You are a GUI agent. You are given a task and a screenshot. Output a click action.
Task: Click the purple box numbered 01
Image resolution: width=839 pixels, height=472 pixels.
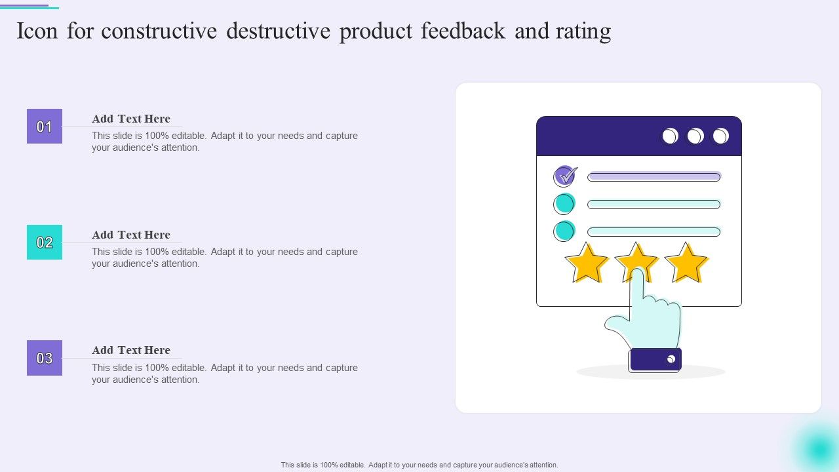pyautogui.click(x=45, y=127)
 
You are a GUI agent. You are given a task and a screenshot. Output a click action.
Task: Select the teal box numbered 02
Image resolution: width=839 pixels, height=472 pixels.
pyautogui.click(x=45, y=243)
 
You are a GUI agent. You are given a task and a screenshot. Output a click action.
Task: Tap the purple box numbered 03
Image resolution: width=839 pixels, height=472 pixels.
pyautogui.click(x=45, y=358)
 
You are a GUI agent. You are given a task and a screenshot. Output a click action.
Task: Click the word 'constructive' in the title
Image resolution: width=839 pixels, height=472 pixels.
pyautogui.click(x=159, y=31)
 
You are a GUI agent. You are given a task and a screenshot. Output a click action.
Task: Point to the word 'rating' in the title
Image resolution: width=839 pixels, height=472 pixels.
pyautogui.click(x=583, y=31)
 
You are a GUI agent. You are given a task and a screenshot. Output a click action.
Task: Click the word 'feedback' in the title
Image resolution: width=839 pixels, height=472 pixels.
pyautogui.click(x=463, y=30)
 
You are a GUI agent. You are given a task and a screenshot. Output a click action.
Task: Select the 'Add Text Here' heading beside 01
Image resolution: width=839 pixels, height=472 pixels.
pyautogui.click(x=131, y=119)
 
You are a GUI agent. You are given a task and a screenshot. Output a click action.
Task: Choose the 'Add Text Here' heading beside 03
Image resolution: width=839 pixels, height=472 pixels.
pyautogui.click(x=131, y=350)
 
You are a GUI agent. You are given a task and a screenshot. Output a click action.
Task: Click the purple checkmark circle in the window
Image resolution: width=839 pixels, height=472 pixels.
pyautogui.click(x=564, y=176)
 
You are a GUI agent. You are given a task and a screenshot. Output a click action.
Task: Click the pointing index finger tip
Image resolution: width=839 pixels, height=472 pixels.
pyautogui.click(x=637, y=271)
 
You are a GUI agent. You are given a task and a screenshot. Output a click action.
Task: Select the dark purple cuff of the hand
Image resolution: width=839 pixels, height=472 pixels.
pyautogui.click(x=655, y=360)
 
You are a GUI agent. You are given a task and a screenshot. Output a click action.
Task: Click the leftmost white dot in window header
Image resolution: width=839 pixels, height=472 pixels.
pyautogui.click(x=670, y=136)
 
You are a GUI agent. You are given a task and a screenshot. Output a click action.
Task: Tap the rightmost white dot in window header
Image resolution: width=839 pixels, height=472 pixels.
pyautogui.click(x=720, y=136)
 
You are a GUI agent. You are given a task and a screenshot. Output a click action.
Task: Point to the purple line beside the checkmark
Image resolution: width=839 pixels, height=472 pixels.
pyautogui.click(x=654, y=176)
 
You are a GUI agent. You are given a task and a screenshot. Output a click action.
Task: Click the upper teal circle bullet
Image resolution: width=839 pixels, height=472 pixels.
pyautogui.click(x=564, y=204)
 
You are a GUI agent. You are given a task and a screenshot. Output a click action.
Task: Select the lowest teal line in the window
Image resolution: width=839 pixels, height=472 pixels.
pyautogui.click(x=654, y=232)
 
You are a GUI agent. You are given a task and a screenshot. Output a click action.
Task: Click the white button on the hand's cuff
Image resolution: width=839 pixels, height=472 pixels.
pyautogui.click(x=671, y=359)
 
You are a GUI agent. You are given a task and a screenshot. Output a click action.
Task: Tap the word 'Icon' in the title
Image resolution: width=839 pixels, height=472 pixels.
pyautogui.click(x=37, y=31)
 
